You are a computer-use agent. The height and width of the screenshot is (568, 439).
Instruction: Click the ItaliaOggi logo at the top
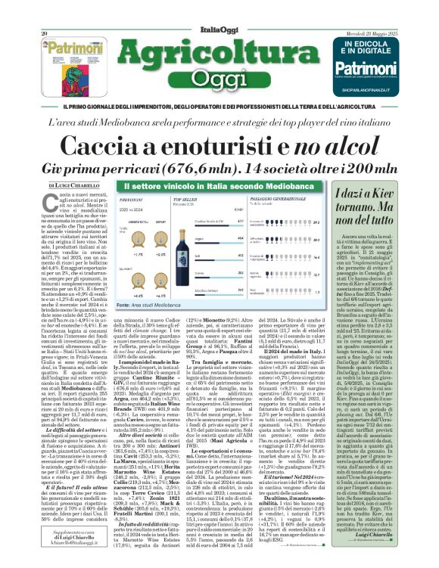(x=219, y=7)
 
